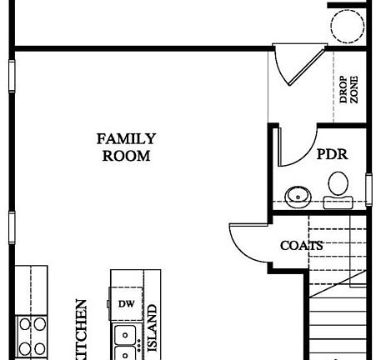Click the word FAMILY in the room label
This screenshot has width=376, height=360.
tap(126, 139)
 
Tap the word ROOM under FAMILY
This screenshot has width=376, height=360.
tap(126, 156)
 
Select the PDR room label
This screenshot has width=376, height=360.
tap(331, 155)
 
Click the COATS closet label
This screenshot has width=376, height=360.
tap(300, 246)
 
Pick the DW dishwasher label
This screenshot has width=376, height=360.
tap(126, 304)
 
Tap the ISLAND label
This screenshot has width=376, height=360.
tap(153, 327)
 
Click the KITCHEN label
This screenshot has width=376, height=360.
tap(81, 332)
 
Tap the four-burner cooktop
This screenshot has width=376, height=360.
tap(32, 335)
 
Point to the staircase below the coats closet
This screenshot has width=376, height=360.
tap(338, 321)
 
